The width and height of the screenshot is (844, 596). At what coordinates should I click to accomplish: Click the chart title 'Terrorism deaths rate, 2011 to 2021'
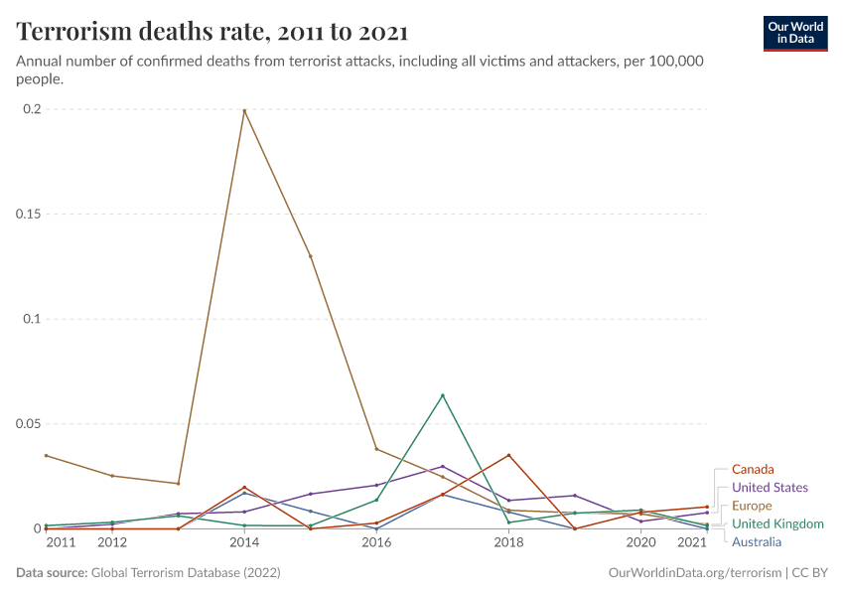point(211,32)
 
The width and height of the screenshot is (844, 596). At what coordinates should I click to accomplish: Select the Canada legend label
point(752,469)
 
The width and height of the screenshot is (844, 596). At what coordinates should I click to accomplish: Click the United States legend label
point(769,488)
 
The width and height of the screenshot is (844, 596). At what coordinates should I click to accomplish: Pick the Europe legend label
point(751,506)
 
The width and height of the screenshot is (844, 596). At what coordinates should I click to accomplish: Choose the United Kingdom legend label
point(777,523)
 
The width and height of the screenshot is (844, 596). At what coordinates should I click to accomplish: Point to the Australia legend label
point(756,541)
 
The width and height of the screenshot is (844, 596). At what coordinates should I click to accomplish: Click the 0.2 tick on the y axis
point(31,109)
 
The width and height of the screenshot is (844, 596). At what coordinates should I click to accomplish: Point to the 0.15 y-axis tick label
point(27,215)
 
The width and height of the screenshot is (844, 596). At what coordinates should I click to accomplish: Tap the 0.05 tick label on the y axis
point(27,424)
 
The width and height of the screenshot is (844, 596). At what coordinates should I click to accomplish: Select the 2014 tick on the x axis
point(244,542)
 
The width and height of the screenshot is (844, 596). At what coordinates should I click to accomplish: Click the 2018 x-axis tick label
point(508,542)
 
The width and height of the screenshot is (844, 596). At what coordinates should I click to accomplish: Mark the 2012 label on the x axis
point(112,542)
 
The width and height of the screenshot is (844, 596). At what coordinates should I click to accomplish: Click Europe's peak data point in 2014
point(244,110)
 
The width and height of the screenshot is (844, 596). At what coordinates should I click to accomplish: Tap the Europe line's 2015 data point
point(311,256)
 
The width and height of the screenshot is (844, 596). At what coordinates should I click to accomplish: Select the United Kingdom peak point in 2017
point(443,395)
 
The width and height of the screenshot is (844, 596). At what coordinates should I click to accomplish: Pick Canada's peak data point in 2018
point(508,455)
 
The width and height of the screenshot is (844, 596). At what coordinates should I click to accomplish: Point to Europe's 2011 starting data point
point(46,456)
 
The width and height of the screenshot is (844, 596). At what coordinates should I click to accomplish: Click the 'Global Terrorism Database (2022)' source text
point(185,573)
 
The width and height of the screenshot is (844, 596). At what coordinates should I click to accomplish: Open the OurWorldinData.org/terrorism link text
point(691,573)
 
